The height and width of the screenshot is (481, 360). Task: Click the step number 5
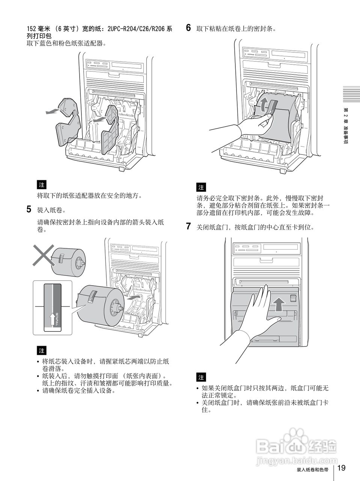tap(29, 209)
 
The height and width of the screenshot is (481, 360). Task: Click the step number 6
tap(189, 27)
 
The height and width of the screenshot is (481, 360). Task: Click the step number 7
tap(189, 227)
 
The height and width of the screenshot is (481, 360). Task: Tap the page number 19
tap(341, 468)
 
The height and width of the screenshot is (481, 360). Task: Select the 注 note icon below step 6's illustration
tap(201, 187)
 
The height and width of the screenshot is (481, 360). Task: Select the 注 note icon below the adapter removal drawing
tap(41, 185)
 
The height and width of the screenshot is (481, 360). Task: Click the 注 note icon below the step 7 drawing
tap(201, 377)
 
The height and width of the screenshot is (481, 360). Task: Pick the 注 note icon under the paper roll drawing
tap(41, 351)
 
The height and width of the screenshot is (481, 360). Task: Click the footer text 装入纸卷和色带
tap(312, 470)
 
